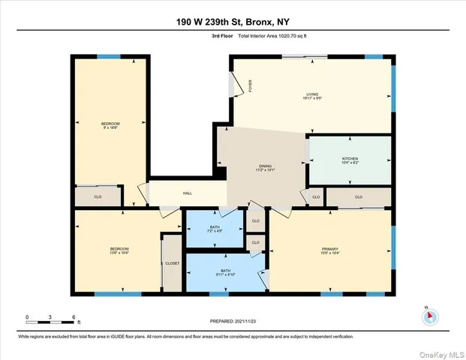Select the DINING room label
tap(265, 168)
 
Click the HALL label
tap(188, 193)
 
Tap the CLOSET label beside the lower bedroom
tap(173, 264)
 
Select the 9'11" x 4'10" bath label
tap(225, 273)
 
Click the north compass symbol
tap(429, 316)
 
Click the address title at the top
tap(233, 19)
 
